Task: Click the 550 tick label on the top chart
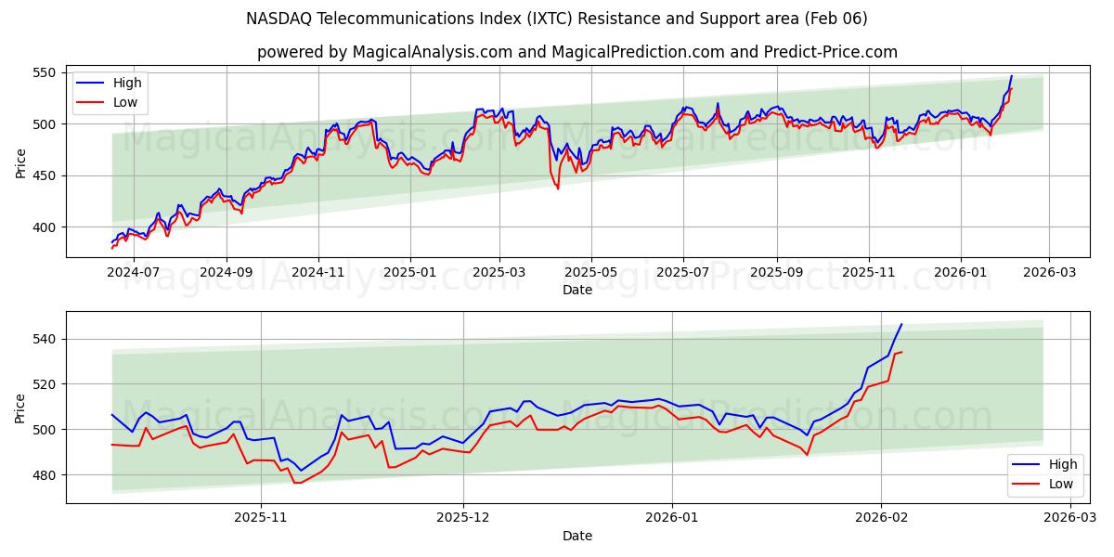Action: click(x=45, y=72)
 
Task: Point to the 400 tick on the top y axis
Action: click(x=45, y=227)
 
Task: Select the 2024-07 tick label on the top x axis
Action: click(x=135, y=273)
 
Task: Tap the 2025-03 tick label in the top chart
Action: click(x=499, y=273)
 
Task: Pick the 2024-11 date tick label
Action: click(x=318, y=273)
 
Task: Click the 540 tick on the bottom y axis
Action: click(x=45, y=339)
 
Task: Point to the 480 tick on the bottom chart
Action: click(x=45, y=475)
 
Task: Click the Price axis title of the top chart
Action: click(x=20, y=162)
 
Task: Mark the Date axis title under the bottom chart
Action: click(x=577, y=536)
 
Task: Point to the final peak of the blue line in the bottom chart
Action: click(x=900, y=324)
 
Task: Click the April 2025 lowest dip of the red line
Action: click(x=558, y=188)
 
